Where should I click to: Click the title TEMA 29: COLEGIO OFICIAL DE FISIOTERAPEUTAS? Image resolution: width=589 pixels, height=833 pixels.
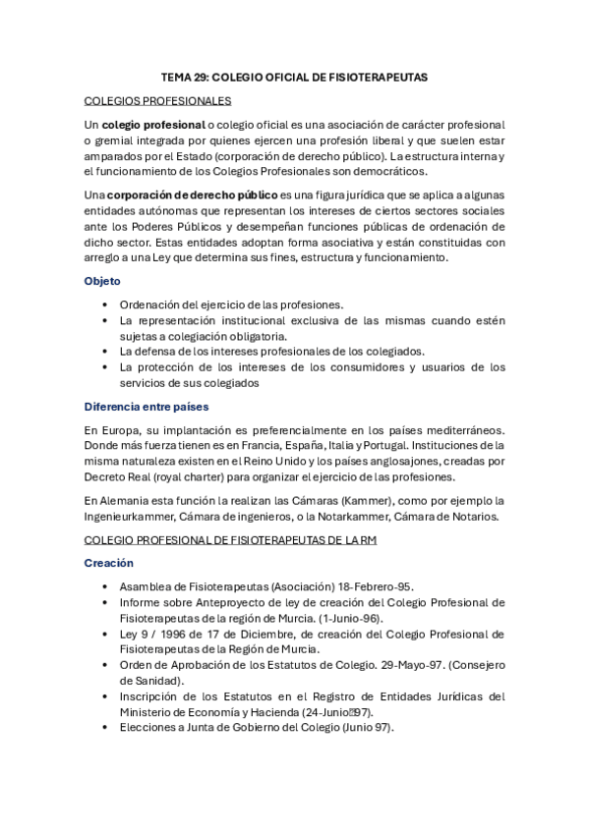(294, 77)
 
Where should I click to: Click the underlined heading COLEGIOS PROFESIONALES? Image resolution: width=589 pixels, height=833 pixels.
(157, 100)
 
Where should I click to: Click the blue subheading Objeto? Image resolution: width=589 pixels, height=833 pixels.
(102, 281)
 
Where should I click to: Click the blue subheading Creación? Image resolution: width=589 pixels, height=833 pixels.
(108, 564)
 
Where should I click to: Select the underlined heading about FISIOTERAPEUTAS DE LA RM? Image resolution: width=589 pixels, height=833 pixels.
(231, 540)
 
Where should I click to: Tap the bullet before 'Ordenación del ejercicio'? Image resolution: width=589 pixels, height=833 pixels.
(105, 305)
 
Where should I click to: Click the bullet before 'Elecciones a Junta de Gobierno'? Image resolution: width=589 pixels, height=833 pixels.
(105, 728)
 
